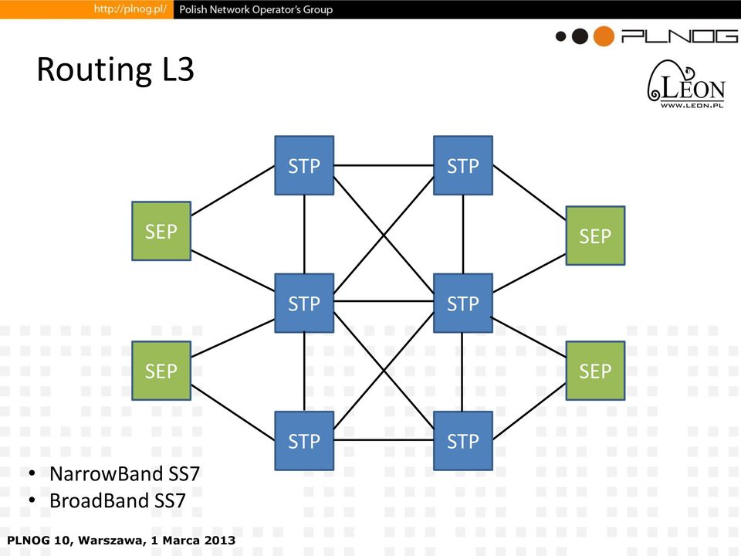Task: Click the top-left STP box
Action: pyautogui.click(x=304, y=165)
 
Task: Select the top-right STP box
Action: pyautogui.click(x=463, y=165)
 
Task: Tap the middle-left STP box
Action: pyautogui.click(x=304, y=303)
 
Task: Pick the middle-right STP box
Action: pyautogui.click(x=463, y=303)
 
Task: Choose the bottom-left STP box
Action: pyautogui.click(x=304, y=441)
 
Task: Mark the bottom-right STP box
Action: pyautogui.click(x=463, y=441)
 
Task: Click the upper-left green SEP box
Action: pyautogui.click(x=161, y=231)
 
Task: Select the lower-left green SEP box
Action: pyautogui.click(x=161, y=371)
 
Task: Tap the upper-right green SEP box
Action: pyautogui.click(x=595, y=236)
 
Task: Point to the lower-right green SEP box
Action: pyautogui.click(x=595, y=371)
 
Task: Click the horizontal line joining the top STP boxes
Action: pyautogui.click(x=384, y=165)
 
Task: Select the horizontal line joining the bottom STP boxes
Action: pyautogui.click(x=384, y=440)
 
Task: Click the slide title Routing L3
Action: pyautogui.click(x=115, y=70)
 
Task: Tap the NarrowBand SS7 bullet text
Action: pyautogui.click(x=125, y=473)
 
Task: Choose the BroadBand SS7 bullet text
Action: pyautogui.click(x=117, y=500)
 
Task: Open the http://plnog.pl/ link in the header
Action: pyautogui.click(x=130, y=9)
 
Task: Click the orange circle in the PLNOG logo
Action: pyautogui.click(x=604, y=36)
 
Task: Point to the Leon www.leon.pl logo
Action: pyautogui.click(x=686, y=84)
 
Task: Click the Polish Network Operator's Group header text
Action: pyautogui.click(x=256, y=9)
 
